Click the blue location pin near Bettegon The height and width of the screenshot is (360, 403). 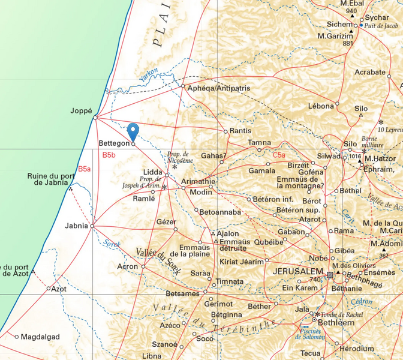click(x=133, y=130)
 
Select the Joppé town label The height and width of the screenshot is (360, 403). click(x=81, y=111)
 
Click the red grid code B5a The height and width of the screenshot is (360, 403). click(x=85, y=169)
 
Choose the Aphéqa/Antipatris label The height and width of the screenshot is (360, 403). click(x=218, y=88)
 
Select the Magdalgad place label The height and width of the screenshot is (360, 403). click(x=40, y=337)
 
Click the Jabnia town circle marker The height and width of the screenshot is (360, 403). click(x=92, y=226)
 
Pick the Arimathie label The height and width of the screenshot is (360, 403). click(x=197, y=181)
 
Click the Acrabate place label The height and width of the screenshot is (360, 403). click(x=370, y=72)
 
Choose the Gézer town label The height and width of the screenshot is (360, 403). click(x=166, y=221)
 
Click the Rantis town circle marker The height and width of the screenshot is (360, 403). click(x=225, y=131)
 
